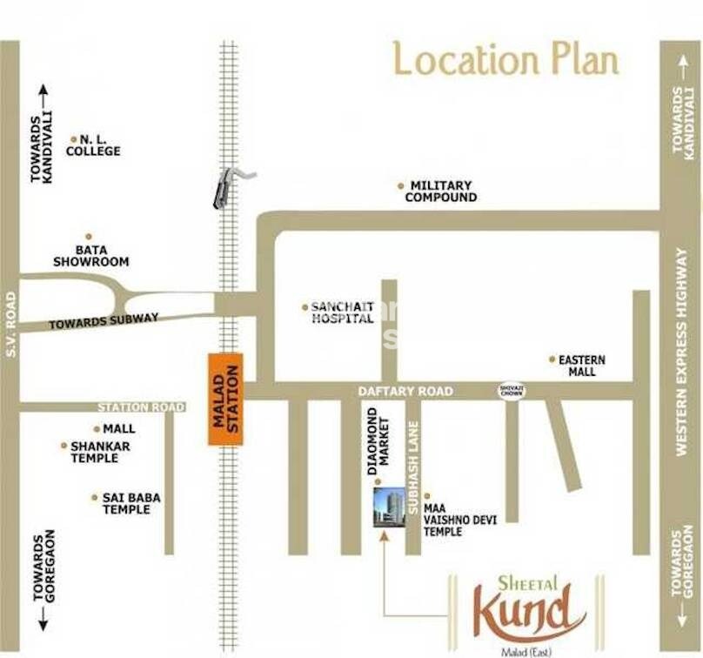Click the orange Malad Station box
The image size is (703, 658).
[225, 400]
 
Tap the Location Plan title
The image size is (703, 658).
[506, 59]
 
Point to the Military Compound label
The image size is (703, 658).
[440, 191]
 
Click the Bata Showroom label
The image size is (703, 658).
[90, 255]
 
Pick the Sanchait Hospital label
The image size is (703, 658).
[342, 312]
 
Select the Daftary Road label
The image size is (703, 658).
[405, 392]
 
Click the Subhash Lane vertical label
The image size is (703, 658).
[414, 466]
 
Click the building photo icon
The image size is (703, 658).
[388, 506]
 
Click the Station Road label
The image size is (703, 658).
[141, 407]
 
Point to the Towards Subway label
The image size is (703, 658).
[104, 321]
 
